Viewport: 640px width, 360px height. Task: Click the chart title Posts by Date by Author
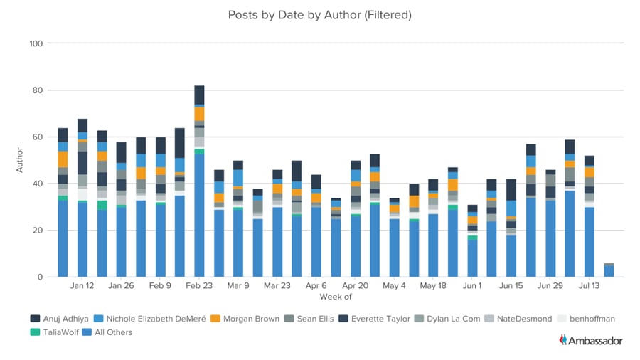[319, 14]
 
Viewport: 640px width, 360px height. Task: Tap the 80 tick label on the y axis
[36, 90]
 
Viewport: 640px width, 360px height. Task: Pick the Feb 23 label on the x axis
[199, 286]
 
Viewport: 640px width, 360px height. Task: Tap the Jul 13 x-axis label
[590, 286]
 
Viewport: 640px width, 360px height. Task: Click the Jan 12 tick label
[82, 286]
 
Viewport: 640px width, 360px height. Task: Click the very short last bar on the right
[609, 270]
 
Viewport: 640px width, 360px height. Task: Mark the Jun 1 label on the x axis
[472, 286]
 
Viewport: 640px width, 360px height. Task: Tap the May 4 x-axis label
[394, 286]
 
